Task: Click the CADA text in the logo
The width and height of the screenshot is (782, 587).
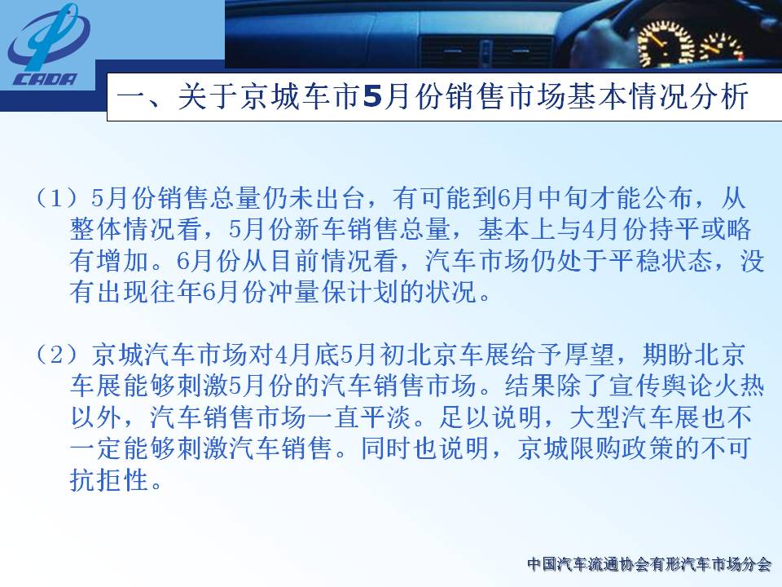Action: [x=46, y=79]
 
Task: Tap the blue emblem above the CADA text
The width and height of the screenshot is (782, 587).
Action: [x=48, y=37]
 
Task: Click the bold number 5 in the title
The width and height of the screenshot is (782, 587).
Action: [x=372, y=96]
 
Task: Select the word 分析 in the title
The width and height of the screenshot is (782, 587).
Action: [x=718, y=96]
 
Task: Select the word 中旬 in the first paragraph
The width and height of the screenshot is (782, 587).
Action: [x=564, y=198]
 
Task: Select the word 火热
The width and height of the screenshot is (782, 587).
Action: [x=738, y=386]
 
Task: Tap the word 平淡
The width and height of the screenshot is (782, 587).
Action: [x=386, y=417]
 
